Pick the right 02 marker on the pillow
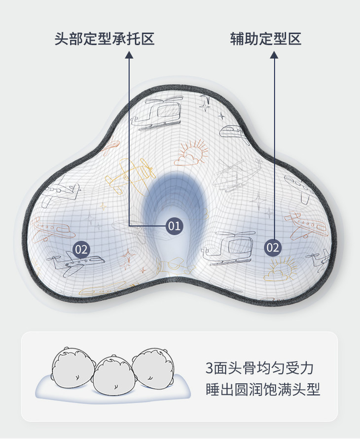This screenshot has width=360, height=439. pos(273,247)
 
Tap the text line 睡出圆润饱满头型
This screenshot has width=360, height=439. pos(263,390)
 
